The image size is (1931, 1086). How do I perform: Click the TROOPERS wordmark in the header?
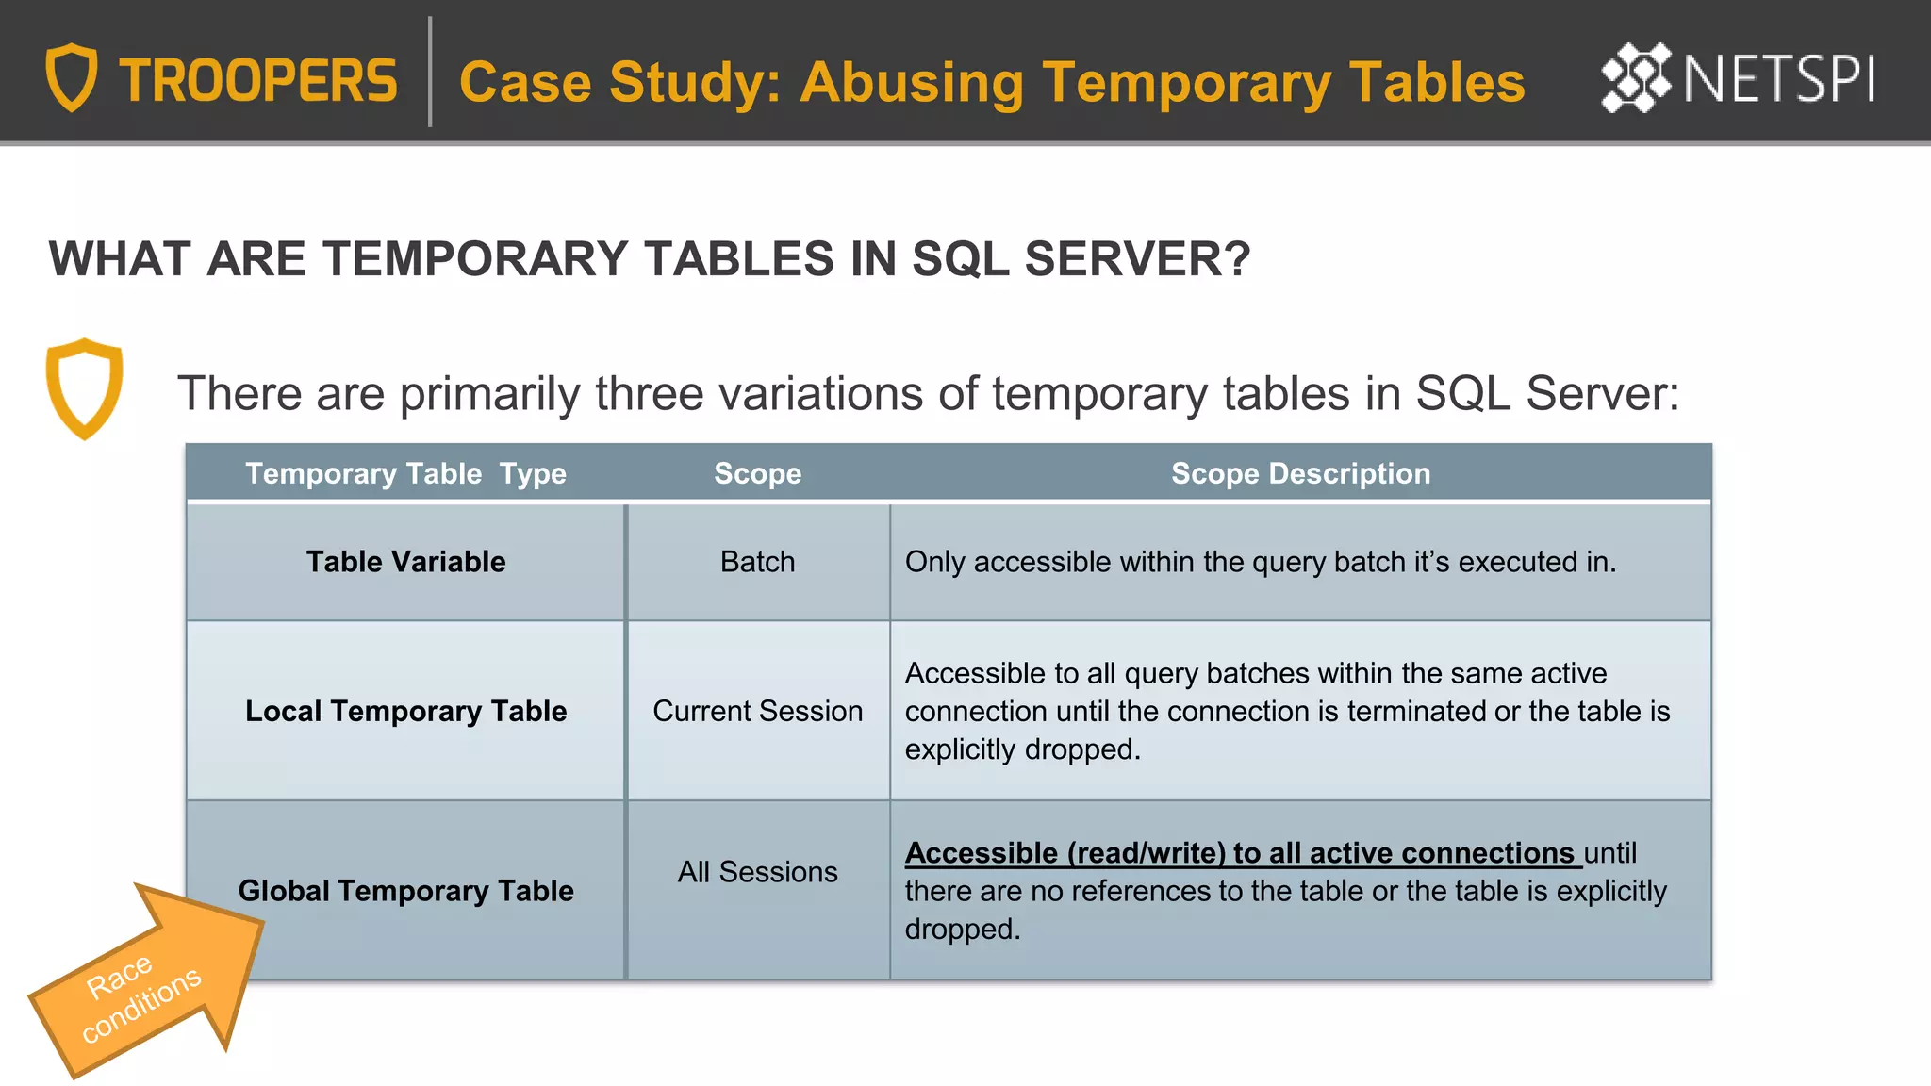click(257, 81)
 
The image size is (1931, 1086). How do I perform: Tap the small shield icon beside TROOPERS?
click(72, 77)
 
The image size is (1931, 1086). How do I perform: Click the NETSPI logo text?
click(1778, 79)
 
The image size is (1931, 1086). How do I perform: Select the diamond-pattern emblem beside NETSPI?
click(1635, 77)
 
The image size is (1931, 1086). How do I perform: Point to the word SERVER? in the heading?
click(1137, 259)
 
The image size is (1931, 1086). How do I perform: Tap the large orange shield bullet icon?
click(84, 387)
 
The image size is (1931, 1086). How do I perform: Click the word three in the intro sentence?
click(649, 393)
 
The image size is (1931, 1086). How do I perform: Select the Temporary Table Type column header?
click(405, 473)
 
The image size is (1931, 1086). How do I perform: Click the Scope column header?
click(757, 473)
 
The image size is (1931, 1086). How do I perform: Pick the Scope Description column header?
click(1300, 473)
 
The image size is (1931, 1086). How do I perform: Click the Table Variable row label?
click(405, 562)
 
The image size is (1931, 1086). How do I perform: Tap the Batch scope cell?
click(757, 562)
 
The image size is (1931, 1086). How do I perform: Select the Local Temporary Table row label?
click(405, 711)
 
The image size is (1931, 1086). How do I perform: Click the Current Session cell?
click(757, 711)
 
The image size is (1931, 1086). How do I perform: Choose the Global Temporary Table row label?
click(405, 891)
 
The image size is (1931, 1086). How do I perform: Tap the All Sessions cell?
click(757, 872)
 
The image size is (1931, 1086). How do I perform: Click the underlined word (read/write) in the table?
click(1146, 853)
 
